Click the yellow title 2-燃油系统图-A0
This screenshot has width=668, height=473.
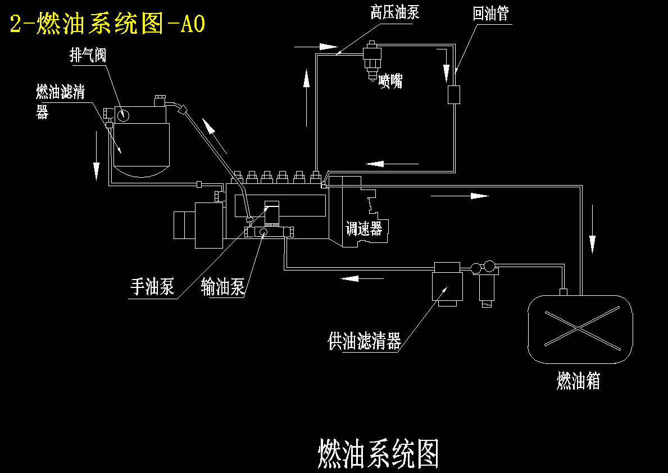click(107, 24)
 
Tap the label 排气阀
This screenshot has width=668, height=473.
click(88, 56)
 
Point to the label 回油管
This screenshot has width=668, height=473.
click(491, 13)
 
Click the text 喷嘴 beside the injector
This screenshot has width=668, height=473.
click(390, 80)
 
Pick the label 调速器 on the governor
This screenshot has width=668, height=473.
click(364, 228)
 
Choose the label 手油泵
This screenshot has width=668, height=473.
click(152, 287)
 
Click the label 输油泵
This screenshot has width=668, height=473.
click(223, 287)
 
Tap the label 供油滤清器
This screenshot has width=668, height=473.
click(365, 341)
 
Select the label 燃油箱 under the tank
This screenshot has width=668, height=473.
click(578, 380)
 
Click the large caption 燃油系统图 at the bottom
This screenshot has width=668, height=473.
click(378, 454)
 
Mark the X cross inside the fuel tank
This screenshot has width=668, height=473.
click(583, 328)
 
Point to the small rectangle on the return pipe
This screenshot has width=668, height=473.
click(454, 94)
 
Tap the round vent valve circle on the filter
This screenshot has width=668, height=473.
click(124, 115)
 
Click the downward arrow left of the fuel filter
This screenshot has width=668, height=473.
click(97, 156)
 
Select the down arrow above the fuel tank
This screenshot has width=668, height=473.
click(592, 229)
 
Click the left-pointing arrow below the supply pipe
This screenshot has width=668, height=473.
click(362, 278)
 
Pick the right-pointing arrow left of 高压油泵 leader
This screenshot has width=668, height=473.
click(316, 47)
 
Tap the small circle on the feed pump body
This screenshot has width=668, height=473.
click(263, 232)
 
